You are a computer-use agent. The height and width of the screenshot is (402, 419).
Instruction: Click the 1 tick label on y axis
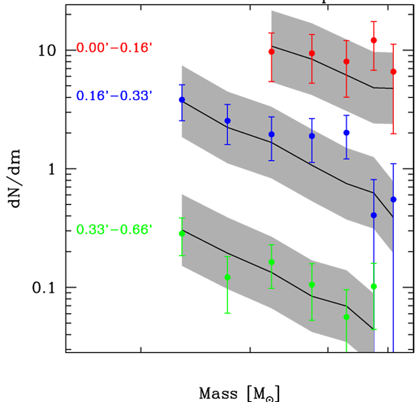click(53, 169)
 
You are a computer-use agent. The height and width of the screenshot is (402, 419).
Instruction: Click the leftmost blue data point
click(182, 100)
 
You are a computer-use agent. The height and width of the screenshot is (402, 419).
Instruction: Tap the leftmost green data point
click(182, 234)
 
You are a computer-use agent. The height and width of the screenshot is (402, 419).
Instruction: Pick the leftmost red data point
click(271, 52)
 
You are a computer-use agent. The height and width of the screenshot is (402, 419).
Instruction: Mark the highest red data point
click(374, 40)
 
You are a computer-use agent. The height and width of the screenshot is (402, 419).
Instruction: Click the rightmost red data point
click(393, 72)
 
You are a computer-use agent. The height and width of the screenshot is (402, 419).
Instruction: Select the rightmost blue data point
click(393, 199)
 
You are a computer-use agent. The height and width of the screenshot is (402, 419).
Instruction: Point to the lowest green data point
click(347, 317)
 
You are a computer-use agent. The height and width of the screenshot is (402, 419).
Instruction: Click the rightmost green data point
click(374, 286)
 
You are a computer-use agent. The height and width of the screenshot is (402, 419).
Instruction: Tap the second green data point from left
click(227, 277)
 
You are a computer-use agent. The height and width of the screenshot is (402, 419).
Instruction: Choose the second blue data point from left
click(227, 121)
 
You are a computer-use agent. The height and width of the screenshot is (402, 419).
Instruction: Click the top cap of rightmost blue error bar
click(393, 164)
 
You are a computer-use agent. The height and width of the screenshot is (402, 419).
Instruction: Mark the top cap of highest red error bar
click(374, 21)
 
